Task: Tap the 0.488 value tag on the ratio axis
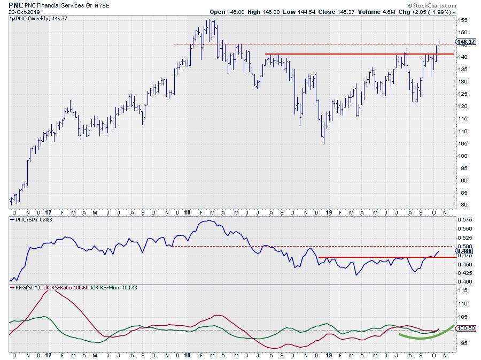click(465, 251)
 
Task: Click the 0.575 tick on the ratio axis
click(465, 219)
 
